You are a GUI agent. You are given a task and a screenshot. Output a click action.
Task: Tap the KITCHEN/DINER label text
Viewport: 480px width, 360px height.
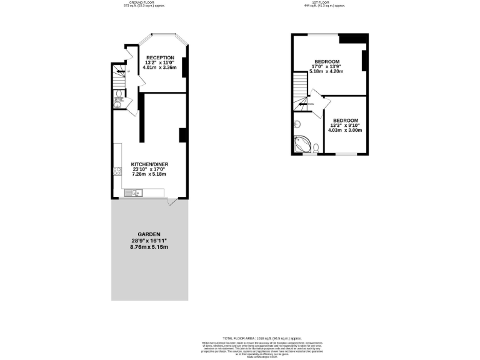point(149,164)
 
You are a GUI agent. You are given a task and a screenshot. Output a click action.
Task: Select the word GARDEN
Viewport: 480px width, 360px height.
point(149,234)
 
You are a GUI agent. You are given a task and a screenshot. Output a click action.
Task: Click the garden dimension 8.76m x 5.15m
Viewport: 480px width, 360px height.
point(149,247)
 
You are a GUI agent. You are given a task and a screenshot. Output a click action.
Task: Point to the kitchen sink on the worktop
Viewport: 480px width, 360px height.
point(134,192)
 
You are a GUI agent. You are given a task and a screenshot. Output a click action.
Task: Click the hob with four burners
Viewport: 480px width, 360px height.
point(117,171)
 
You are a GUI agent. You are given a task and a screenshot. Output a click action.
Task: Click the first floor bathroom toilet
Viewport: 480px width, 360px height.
point(316,147)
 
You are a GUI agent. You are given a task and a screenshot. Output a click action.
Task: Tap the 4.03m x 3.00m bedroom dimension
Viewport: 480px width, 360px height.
point(345,131)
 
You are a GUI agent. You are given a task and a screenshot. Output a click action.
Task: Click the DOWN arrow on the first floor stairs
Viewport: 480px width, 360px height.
point(310,104)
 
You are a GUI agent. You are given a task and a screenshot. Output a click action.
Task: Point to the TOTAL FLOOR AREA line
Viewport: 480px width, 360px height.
point(240,337)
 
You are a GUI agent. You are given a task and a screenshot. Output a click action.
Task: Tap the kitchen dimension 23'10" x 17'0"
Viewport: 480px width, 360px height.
point(149,169)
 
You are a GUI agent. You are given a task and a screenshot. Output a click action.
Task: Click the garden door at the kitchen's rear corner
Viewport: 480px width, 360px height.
point(171,201)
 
